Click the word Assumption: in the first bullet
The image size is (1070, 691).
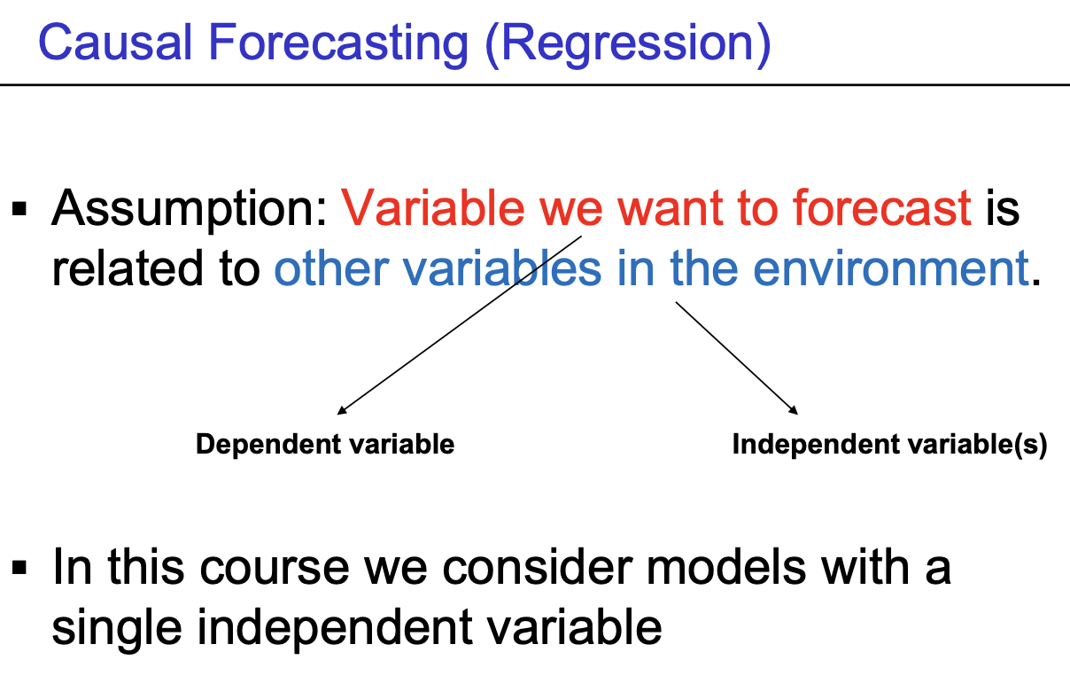[x=190, y=210]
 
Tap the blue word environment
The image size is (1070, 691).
[x=891, y=268]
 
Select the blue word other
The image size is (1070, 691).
[x=331, y=268]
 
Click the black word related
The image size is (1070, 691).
[x=128, y=268]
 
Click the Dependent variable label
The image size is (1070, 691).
[x=325, y=444]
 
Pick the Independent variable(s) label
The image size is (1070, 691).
[x=890, y=445]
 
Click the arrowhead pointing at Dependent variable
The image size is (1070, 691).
[x=342, y=410]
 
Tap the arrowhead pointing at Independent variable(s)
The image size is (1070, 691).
[x=794, y=410]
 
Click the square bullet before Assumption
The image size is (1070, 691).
[x=19, y=209]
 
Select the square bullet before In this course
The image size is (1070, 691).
[x=19, y=568]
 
